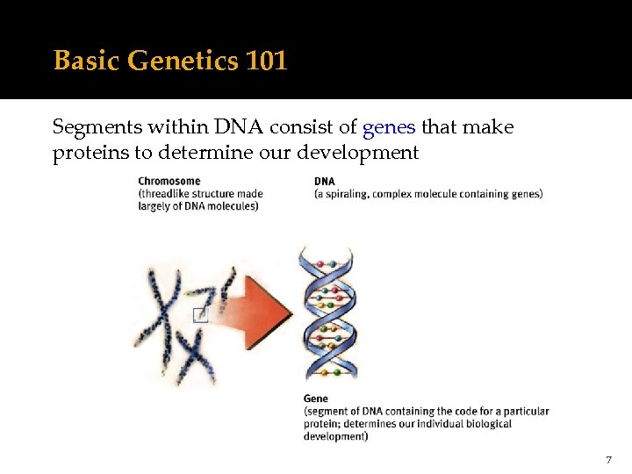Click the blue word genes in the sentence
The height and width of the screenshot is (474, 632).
point(389,128)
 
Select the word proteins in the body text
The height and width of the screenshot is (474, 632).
point(87,152)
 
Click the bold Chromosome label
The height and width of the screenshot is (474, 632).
point(169,182)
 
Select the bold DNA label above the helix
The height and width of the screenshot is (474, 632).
point(324,182)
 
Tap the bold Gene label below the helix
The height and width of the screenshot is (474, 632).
point(316,399)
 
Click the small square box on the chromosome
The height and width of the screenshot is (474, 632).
point(200,314)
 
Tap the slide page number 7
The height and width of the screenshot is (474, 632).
point(608,460)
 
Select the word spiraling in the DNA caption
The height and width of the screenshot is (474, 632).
point(347,194)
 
